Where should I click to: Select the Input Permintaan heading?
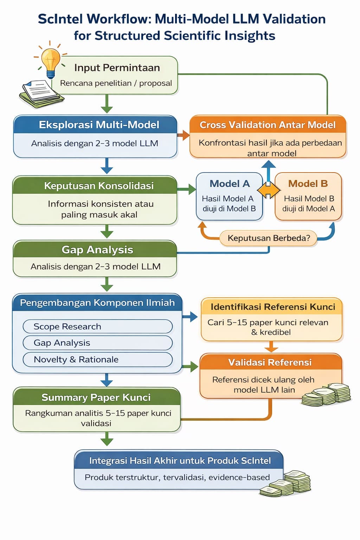coord(117,67)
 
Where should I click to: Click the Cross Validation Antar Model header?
coord(268,125)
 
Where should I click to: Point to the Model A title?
coord(230,184)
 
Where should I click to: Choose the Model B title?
coord(308,184)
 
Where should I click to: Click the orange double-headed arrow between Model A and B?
coord(269,191)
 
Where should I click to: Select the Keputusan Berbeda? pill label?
coord(269,238)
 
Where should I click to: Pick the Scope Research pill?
coord(97,326)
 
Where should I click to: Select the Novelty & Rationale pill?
coord(97,359)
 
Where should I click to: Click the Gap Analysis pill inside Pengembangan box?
coord(97,343)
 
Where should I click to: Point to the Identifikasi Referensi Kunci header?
coord(272,307)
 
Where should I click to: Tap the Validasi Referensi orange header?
coord(270,362)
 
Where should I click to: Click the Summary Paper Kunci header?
coord(96,397)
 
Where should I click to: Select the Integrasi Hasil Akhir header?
coord(179,461)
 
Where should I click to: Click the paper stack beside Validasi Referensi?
coord(326,394)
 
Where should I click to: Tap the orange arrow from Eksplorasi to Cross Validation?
coord(183,135)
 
